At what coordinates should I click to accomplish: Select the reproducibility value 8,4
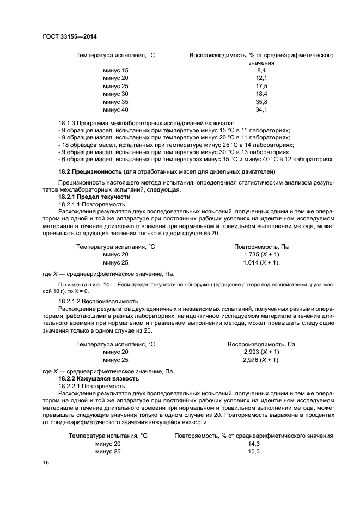261,71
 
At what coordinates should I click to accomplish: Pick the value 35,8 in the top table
261,102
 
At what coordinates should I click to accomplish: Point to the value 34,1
261,110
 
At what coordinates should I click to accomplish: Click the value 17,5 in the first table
261,87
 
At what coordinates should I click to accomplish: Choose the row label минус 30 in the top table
115,94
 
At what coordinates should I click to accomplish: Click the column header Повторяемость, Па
261,247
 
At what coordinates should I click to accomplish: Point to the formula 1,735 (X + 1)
261,254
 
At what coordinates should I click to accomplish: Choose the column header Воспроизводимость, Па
261,344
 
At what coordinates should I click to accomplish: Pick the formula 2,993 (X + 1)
261,352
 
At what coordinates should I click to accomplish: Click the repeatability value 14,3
254,444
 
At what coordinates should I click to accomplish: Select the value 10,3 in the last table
254,452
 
